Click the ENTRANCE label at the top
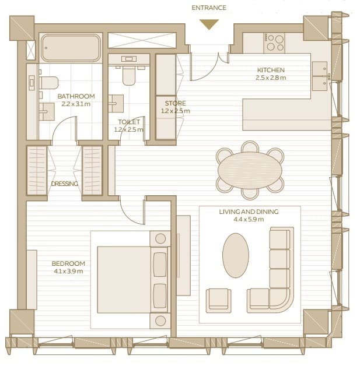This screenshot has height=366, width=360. pos(209,8)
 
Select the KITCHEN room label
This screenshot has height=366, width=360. pos(271,70)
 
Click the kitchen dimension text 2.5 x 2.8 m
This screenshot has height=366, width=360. pos(271,78)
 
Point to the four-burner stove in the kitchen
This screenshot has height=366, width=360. pos(274,43)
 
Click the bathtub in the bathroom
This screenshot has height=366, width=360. pos(71,48)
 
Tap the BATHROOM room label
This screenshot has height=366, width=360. pos(76,96)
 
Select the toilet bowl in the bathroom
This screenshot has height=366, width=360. pos(48,83)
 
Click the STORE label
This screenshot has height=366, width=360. pos(176,103)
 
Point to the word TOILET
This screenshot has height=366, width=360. pos(129,122)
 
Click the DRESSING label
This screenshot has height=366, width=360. pos(65,184)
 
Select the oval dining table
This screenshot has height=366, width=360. pos(250,170)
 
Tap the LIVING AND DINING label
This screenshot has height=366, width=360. pos(249,212)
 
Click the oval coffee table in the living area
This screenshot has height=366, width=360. pos(236,255)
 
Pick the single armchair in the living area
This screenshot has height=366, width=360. pos(218,301)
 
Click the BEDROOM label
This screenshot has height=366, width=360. pos(68,263)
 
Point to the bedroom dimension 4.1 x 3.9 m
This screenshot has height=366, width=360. pos(68,271)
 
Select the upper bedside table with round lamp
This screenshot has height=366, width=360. pos(160,238)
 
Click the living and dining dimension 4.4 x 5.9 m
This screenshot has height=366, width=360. pos(249,219)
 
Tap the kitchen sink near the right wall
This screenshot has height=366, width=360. pos(320,76)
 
